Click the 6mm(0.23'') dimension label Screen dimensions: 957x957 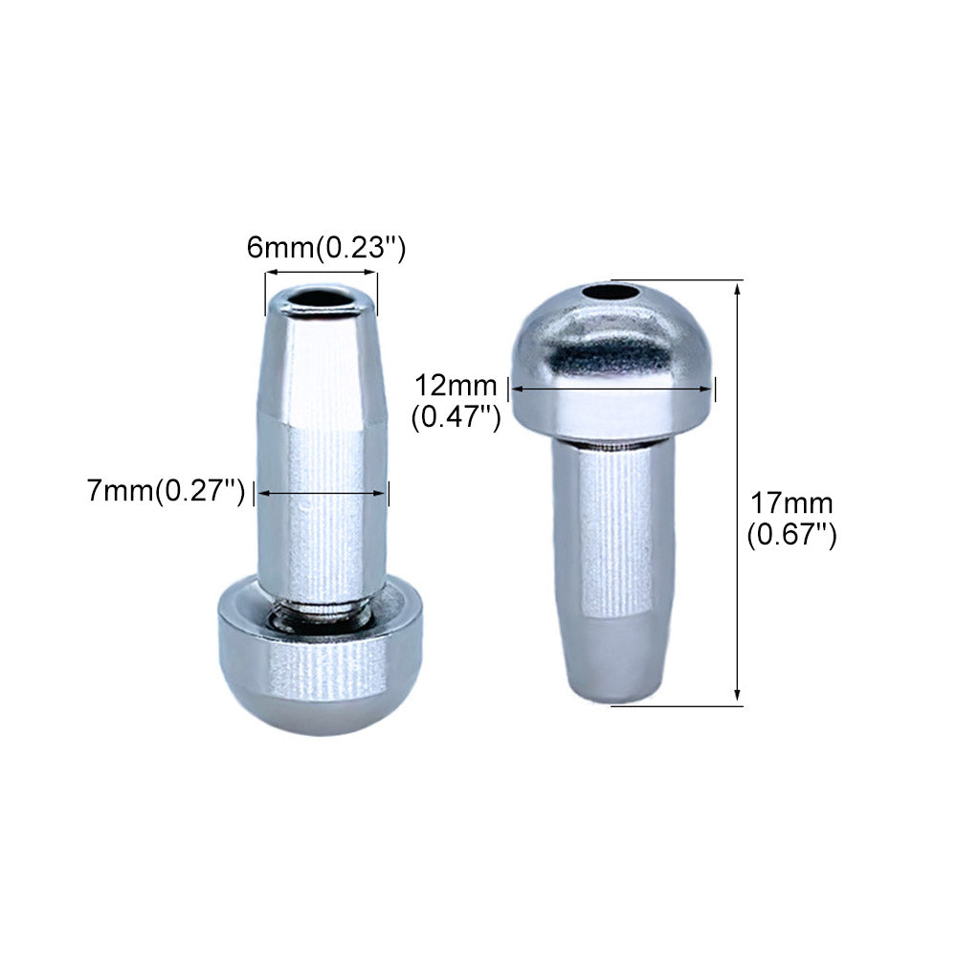coord(326,248)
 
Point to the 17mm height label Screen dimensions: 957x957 coord(790,502)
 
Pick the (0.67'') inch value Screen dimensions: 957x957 coord(791,535)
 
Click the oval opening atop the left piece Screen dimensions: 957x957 coord(321,300)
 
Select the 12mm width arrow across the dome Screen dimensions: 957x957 coord(612,389)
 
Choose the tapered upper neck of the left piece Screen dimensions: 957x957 coord(321,373)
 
